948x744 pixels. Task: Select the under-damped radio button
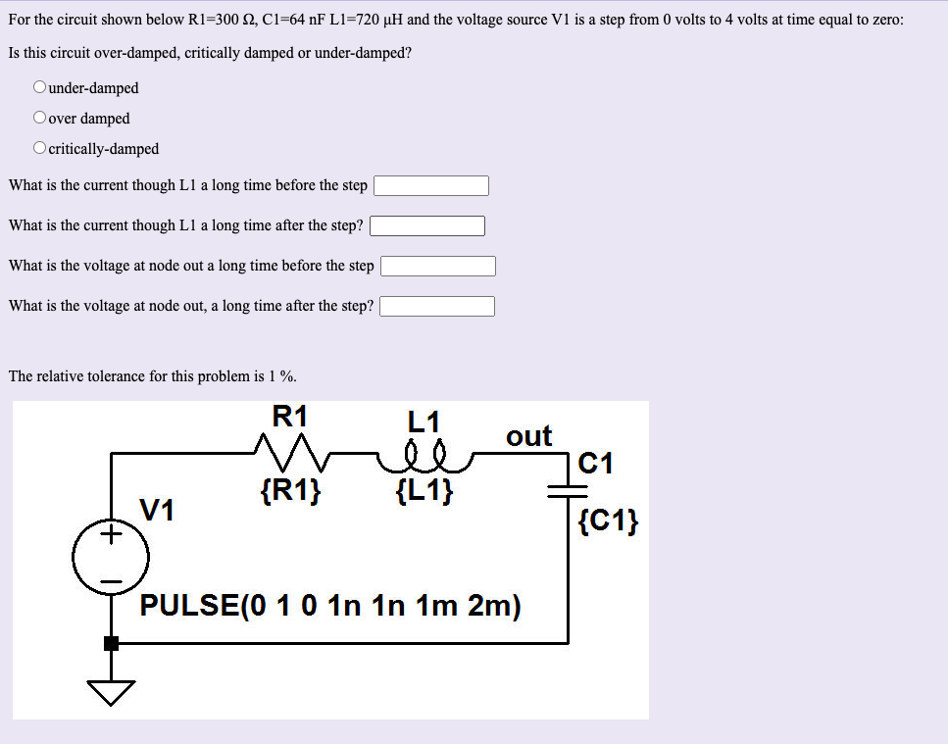[x=39, y=87]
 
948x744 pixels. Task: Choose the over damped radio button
[x=39, y=118]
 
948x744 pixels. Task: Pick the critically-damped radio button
[x=39, y=148]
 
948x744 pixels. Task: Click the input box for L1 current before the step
[x=430, y=185]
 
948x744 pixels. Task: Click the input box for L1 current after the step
[x=426, y=225]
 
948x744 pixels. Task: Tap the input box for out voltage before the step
[x=437, y=266]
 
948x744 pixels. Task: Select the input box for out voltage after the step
[x=437, y=306]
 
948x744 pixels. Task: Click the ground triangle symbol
[x=111, y=692]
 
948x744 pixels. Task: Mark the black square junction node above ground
[x=111, y=643]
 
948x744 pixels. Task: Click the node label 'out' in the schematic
[x=528, y=436]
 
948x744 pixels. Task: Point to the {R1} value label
[x=289, y=488]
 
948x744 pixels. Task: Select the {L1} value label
[x=424, y=488]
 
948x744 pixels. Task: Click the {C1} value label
[x=608, y=521]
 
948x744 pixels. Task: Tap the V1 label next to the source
[x=157, y=510]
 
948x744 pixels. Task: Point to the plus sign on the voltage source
[x=111, y=535]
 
